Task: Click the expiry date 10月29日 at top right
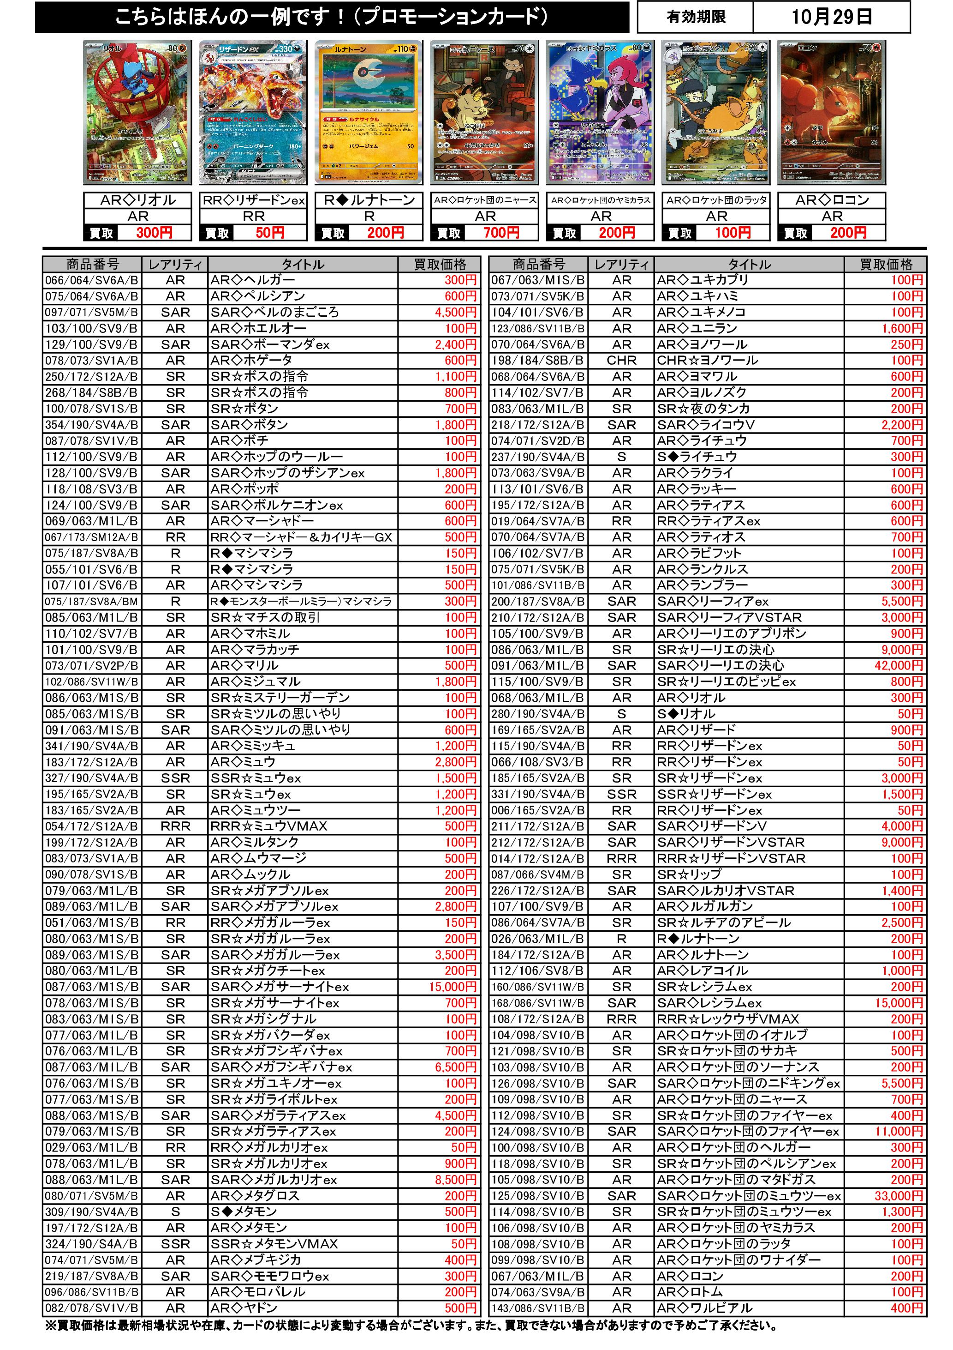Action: point(831,17)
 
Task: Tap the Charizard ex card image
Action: point(253,112)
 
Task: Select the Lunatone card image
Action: point(369,112)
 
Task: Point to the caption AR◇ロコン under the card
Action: point(832,200)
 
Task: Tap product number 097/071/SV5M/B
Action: point(92,312)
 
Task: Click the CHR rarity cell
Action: point(622,361)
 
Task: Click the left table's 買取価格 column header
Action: point(440,265)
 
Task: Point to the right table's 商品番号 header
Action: point(539,265)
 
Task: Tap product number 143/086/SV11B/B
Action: point(538,1308)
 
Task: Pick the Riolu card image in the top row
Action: point(138,112)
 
